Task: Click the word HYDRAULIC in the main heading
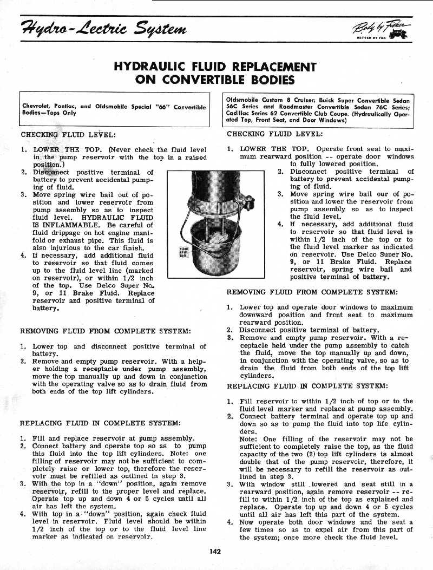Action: click(x=155, y=67)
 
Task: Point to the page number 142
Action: click(x=215, y=552)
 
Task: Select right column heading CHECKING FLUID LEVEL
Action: click(x=274, y=134)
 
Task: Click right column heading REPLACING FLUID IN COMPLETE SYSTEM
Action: click(x=307, y=386)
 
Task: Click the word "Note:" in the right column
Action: click(x=248, y=439)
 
